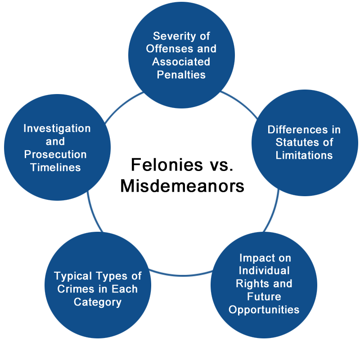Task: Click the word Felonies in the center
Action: click(167, 165)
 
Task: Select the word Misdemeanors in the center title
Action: click(182, 186)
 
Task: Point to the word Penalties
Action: click(181, 75)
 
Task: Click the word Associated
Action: click(181, 62)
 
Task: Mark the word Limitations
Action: click(304, 155)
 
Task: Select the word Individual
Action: click(264, 270)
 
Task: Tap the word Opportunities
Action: click(264, 310)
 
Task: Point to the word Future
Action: click(264, 297)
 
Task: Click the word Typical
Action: click(73, 276)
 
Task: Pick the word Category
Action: click(98, 302)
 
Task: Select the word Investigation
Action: click(57, 129)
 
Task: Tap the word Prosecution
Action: click(55, 154)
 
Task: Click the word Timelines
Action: click(55, 167)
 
